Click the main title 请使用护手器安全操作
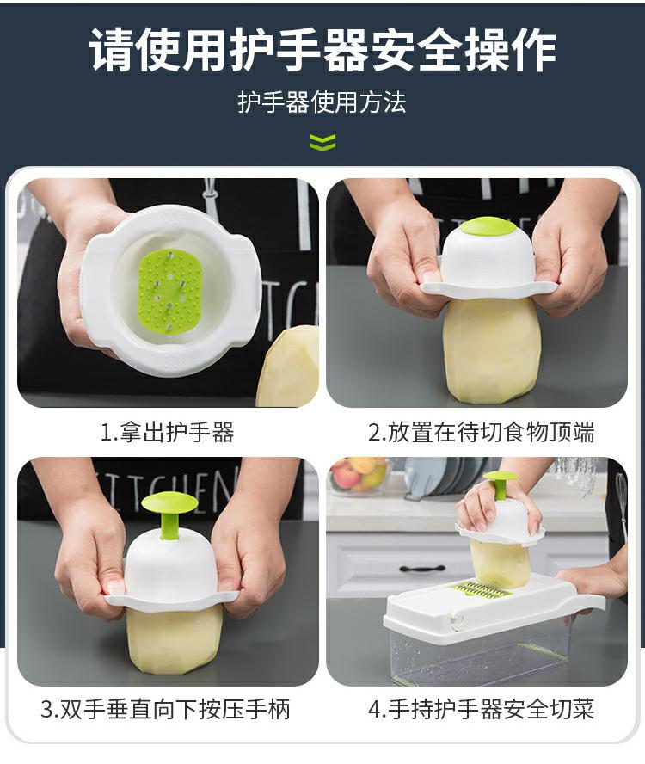click(322, 49)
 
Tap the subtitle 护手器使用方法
click(322, 103)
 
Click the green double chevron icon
click(322, 142)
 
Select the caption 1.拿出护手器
click(168, 432)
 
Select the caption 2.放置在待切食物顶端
click(482, 432)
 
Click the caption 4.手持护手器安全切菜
click(482, 709)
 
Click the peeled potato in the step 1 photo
click(290, 370)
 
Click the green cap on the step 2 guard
click(488, 226)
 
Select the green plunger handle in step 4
click(500, 483)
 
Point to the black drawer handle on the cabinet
click(422, 568)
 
